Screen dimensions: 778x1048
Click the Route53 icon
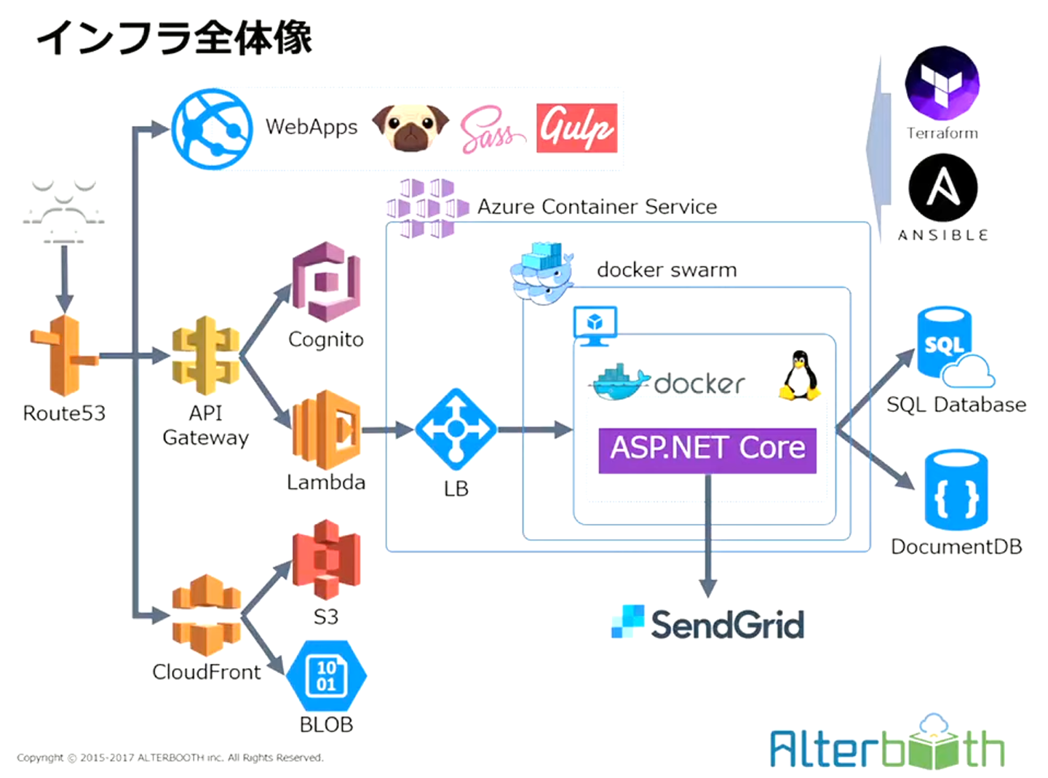click(63, 357)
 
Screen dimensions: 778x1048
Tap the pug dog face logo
click(410, 127)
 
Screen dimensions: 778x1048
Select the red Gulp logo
click(576, 128)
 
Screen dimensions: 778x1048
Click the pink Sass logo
click(491, 130)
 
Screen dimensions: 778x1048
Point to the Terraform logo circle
click(942, 83)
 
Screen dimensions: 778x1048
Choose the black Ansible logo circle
click(943, 188)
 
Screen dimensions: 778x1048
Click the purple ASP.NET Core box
click(707, 450)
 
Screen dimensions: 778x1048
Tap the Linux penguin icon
click(800, 376)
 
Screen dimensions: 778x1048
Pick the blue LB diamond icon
click(456, 429)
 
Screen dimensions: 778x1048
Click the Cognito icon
click(326, 283)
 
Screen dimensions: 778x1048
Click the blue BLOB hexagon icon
click(326, 676)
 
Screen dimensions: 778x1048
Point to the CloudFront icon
click(206, 615)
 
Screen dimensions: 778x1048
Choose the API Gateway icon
click(205, 356)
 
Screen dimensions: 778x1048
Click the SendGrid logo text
click(727, 624)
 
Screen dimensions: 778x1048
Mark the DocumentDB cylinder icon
click(956, 489)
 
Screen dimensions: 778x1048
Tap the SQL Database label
click(956, 405)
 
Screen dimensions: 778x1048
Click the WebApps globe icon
click(212, 129)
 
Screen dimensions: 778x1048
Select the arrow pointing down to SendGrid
click(707, 539)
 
